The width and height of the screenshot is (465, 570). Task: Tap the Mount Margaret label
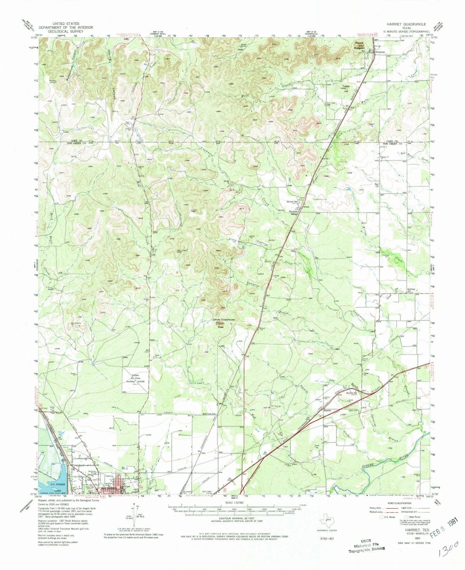pos(359,46)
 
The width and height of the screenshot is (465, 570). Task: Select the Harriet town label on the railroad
pos(327,411)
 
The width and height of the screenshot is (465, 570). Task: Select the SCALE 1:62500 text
pos(231,503)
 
